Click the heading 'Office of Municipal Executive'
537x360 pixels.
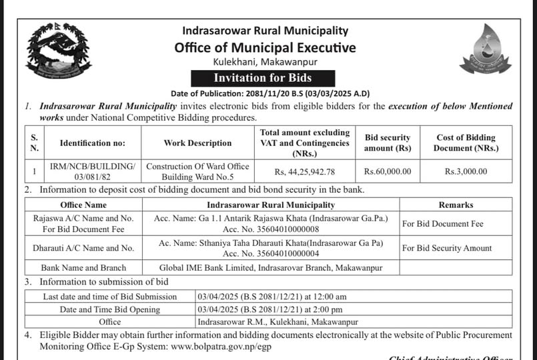click(x=265, y=47)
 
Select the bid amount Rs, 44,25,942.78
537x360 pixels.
click(x=304, y=171)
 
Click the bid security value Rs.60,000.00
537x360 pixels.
click(x=388, y=171)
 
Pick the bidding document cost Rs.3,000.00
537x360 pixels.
click(x=466, y=171)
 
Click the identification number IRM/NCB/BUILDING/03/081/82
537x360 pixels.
click(x=92, y=171)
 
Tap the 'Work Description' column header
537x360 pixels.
click(x=197, y=143)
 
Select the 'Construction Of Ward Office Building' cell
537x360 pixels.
click(x=197, y=171)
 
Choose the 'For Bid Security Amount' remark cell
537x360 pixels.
click(x=447, y=248)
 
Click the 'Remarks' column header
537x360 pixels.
click(x=456, y=205)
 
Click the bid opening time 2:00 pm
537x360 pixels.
click(x=330, y=309)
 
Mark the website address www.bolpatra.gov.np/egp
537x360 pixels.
click(x=221, y=347)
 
